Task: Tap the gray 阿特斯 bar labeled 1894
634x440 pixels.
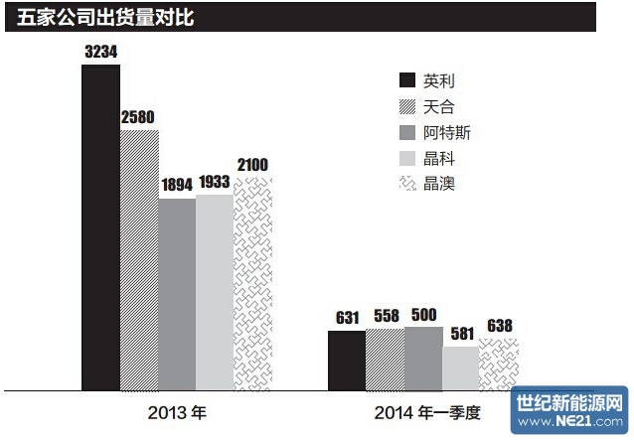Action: pyautogui.click(x=177, y=294)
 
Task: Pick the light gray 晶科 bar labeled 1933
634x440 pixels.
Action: pyautogui.click(x=215, y=292)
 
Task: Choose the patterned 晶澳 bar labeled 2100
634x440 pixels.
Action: pyautogui.click(x=252, y=283)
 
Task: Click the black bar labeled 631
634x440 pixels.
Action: pyautogui.click(x=346, y=360)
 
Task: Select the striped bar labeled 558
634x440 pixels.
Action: pyautogui.click(x=385, y=360)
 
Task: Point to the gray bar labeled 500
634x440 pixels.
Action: pyautogui.click(x=422, y=358)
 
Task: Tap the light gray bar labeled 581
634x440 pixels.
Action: pyautogui.click(x=460, y=367)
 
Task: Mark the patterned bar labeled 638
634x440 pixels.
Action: pyautogui.click(x=499, y=364)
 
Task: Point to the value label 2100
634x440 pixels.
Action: pyautogui.click(x=252, y=165)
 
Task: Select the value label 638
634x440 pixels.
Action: pyautogui.click(x=499, y=326)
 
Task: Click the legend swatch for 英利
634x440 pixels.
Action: pyautogui.click(x=405, y=80)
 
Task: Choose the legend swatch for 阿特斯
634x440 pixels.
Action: pyautogui.click(x=405, y=132)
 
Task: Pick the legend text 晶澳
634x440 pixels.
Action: pyautogui.click(x=438, y=184)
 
